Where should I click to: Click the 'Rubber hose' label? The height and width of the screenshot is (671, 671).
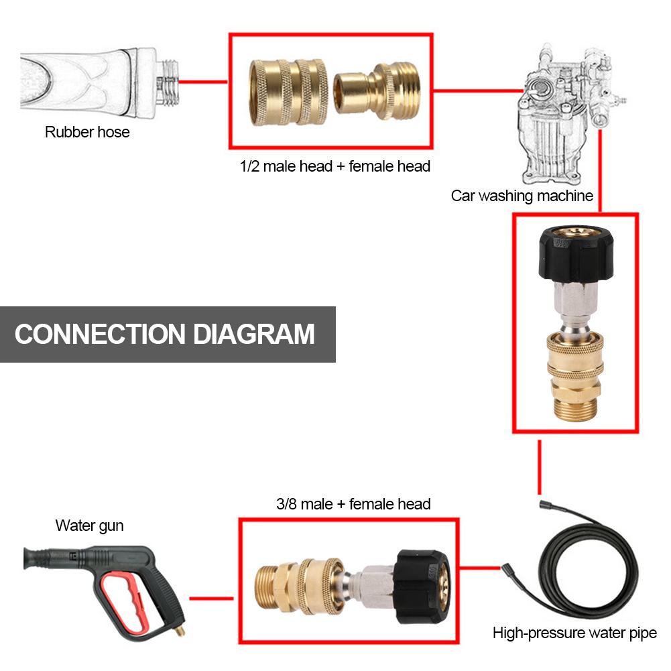[x=87, y=132]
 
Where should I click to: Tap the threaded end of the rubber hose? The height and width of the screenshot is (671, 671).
[x=167, y=82]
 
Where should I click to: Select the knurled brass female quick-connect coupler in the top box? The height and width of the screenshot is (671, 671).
[x=288, y=93]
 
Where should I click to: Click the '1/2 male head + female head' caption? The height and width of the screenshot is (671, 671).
[x=335, y=166]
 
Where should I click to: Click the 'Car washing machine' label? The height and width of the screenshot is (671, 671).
[x=522, y=196]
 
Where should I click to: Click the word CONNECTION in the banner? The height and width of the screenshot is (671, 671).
[x=100, y=334]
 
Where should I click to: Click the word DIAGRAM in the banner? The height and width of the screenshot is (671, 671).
[x=255, y=334]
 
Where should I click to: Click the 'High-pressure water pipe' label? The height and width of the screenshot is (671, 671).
[x=574, y=632]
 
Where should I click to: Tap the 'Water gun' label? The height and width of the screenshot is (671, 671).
[x=89, y=526]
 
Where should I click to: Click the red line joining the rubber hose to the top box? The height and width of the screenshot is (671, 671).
[x=202, y=82]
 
